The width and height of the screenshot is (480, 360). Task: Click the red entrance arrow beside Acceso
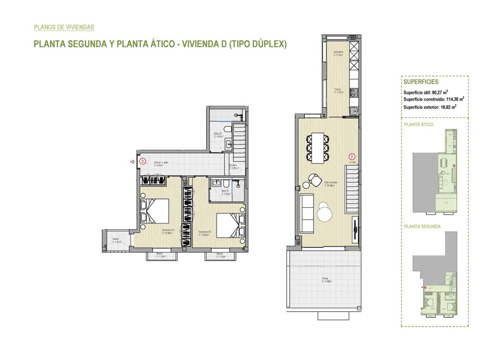point(132,162)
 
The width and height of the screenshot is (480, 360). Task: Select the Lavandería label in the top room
point(339,53)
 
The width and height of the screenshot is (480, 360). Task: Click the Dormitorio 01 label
point(167,231)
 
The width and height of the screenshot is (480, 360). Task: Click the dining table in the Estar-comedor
point(319,147)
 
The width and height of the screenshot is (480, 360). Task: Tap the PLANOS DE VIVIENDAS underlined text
point(64,27)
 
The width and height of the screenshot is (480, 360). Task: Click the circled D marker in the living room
point(352,156)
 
